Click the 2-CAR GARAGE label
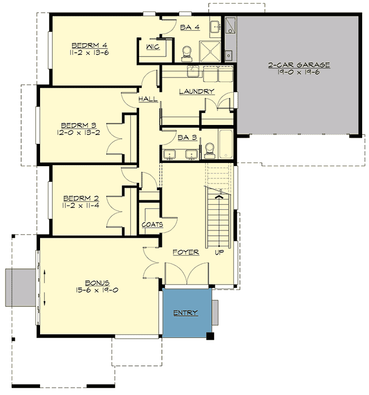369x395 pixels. pyautogui.click(x=298, y=65)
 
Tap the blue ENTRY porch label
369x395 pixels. pyautogui.click(x=186, y=313)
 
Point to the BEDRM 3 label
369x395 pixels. pyautogui.click(x=78, y=125)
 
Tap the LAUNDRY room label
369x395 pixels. pyautogui.click(x=196, y=92)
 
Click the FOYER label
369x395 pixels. pyautogui.click(x=186, y=253)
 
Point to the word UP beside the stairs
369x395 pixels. pyautogui.click(x=219, y=253)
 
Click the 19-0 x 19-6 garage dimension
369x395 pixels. pyautogui.click(x=298, y=72)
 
